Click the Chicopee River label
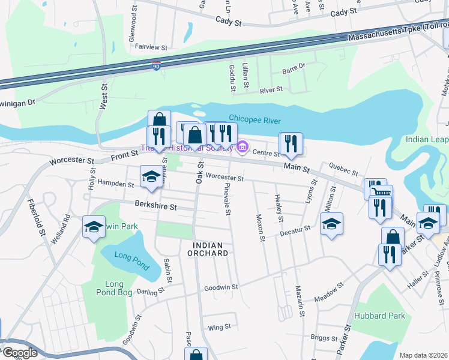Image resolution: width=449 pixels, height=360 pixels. click(x=255, y=120)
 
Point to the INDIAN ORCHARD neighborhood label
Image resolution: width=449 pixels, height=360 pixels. click(x=210, y=249)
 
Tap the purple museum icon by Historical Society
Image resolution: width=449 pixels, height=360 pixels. click(x=243, y=146)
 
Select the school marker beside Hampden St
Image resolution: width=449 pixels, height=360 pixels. click(x=151, y=177)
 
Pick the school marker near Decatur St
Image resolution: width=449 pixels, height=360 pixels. click(x=331, y=224)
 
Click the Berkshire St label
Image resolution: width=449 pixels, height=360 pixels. click(x=155, y=207)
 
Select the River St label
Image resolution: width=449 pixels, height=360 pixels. click(x=271, y=90)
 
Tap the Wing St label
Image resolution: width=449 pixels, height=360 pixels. click(x=219, y=327)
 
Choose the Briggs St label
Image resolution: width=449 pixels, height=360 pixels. click(x=324, y=337)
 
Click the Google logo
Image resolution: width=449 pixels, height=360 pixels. click(x=19, y=353)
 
